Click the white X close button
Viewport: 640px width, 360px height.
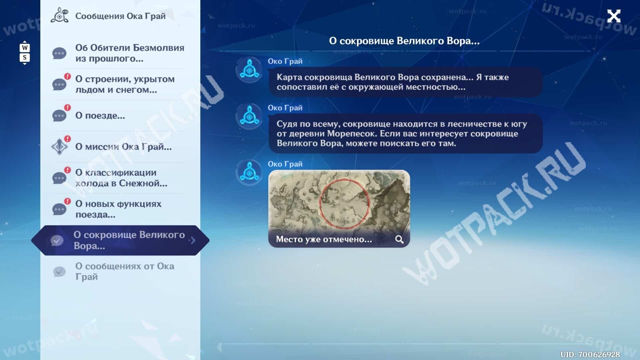point(614,16)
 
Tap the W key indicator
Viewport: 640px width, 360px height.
point(25,48)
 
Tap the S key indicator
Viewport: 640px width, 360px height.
point(25,57)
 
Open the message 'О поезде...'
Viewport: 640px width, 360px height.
point(100,116)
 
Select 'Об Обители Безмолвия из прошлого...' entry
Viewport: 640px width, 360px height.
point(130,53)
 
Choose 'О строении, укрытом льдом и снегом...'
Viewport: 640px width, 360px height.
point(125,84)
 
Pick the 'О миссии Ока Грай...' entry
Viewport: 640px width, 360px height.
point(123,147)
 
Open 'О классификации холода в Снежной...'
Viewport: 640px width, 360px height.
point(121,178)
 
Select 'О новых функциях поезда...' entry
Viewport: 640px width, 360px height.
point(118,209)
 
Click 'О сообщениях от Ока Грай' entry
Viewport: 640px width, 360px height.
point(125,271)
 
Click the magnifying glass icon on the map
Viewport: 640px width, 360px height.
point(399,239)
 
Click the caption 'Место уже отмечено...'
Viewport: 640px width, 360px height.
point(324,239)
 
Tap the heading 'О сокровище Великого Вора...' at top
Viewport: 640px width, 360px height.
point(404,41)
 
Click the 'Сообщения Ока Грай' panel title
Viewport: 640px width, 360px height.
point(120,16)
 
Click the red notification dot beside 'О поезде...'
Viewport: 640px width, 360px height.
point(68,107)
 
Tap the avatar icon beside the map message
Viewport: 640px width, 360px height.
point(249,173)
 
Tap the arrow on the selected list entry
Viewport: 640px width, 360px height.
point(193,240)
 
